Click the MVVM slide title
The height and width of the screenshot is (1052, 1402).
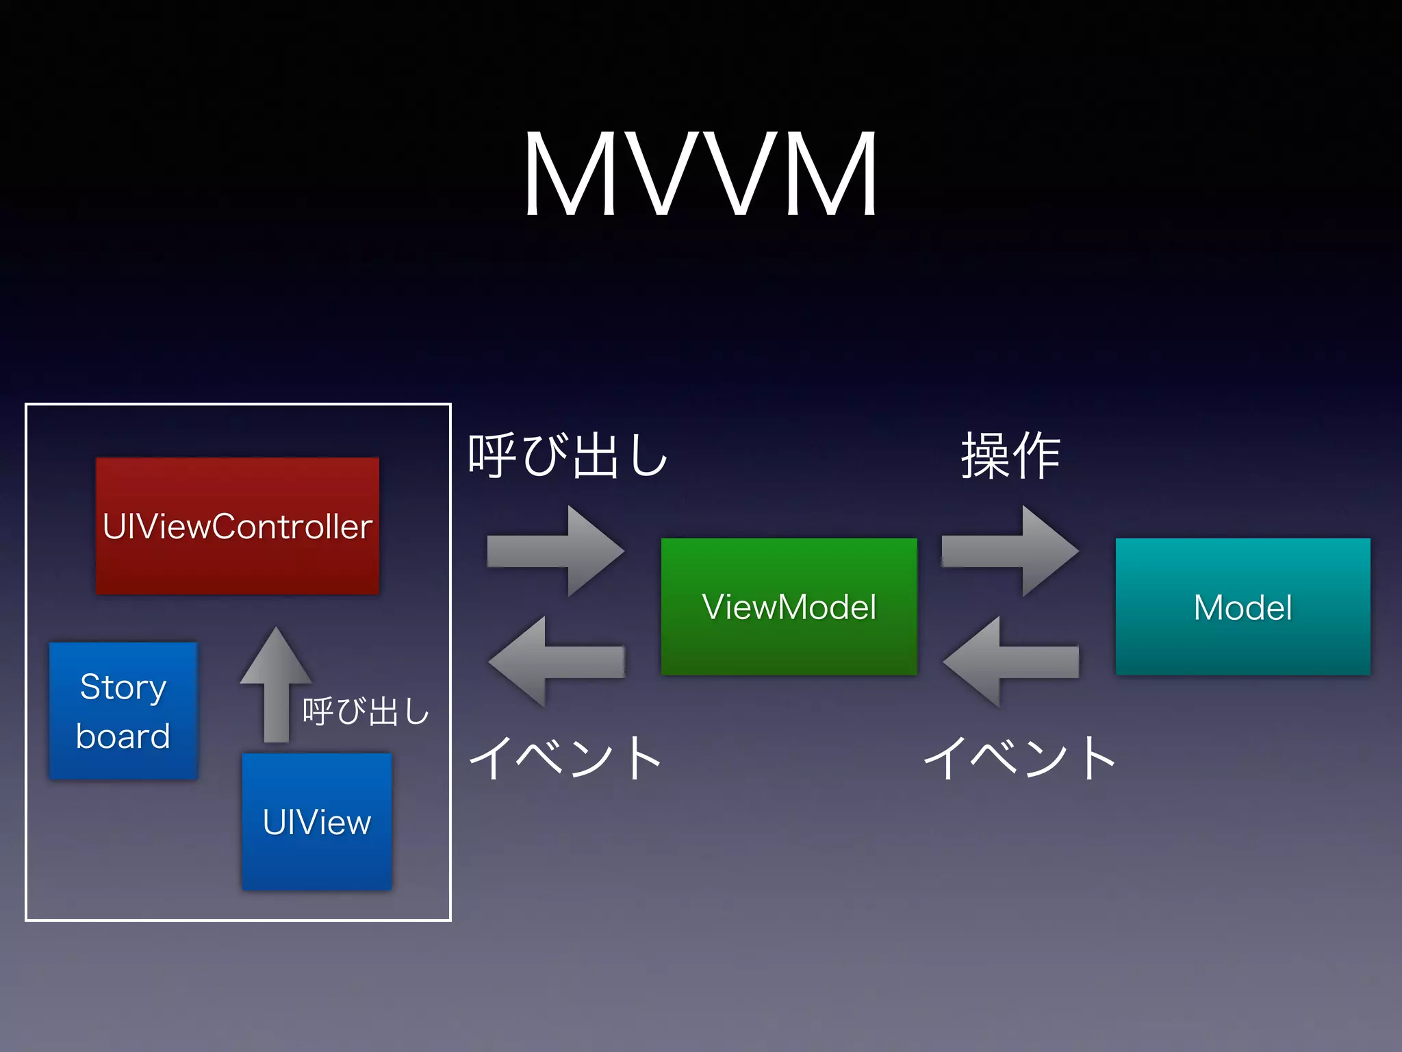(700, 175)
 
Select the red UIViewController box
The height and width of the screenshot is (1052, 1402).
(237, 526)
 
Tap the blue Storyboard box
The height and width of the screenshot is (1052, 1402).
(123, 710)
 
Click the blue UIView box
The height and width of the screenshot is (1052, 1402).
(316, 821)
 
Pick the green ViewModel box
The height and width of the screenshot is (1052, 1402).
(789, 607)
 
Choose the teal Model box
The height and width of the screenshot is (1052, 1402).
(1242, 607)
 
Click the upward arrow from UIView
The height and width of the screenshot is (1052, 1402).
(276, 685)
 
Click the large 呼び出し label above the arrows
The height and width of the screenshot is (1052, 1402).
(568, 455)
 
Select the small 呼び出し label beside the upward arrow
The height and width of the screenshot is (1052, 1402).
(366, 711)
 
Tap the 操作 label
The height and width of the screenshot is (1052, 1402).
(1011, 455)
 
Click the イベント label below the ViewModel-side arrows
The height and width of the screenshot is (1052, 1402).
(565, 757)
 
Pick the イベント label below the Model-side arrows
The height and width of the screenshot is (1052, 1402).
(1019, 757)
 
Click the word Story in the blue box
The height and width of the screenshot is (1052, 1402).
(123, 687)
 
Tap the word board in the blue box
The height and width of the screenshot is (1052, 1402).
(123, 736)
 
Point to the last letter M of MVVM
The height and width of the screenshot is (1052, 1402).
(832, 175)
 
